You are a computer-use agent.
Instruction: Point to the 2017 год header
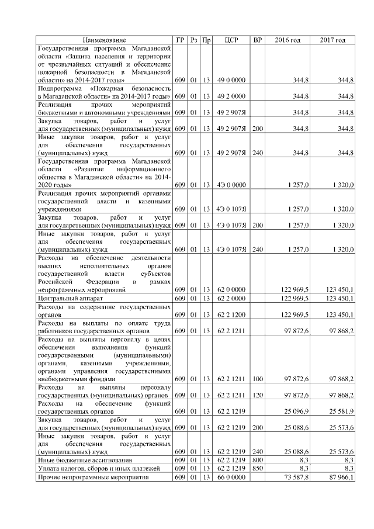point(333,40)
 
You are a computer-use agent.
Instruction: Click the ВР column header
point(257,40)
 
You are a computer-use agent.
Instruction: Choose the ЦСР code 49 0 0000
point(231,79)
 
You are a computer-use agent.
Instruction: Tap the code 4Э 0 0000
point(231,185)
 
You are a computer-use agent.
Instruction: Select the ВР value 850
point(257,468)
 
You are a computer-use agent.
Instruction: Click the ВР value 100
point(257,378)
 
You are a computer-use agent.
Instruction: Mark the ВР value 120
point(257,395)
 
